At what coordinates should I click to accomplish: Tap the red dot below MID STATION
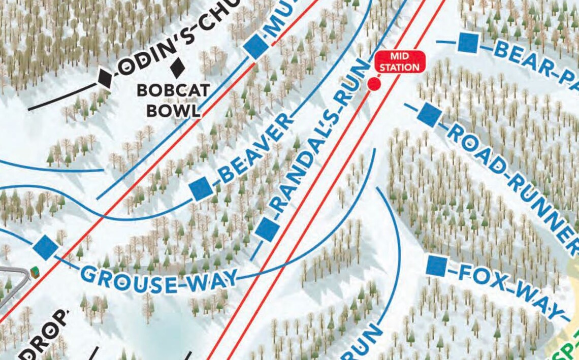tap(374, 84)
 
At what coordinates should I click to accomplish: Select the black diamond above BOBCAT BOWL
tap(177, 66)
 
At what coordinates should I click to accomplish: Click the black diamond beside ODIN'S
tap(105, 78)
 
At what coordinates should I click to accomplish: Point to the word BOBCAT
tap(173, 91)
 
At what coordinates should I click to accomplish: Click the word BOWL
tap(173, 111)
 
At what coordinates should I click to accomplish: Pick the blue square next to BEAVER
tap(201, 189)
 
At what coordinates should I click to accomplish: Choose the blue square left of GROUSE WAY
tap(46, 247)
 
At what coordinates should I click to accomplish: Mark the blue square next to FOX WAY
tap(436, 266)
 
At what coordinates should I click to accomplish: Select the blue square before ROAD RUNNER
tap(429, 115)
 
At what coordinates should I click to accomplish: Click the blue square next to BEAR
tap(468, 43)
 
